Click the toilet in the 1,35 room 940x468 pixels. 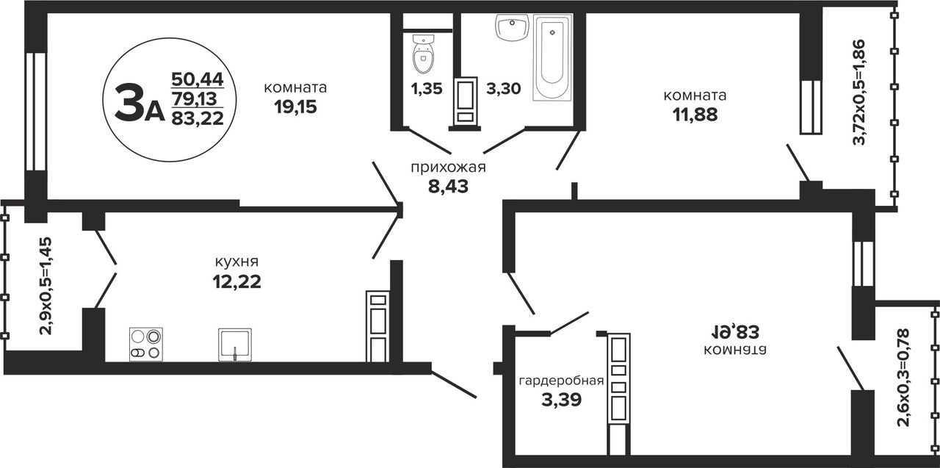(424, 54)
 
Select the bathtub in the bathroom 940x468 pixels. (552, 57)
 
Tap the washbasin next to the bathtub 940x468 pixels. (512, 27)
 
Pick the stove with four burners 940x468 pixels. (146, 345)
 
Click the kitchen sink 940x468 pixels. (235, 345)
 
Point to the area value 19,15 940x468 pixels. (295, 107)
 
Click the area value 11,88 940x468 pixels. (695, 115)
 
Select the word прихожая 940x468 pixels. (448, 168)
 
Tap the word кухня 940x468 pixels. (236, 262)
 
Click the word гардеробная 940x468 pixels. (562, 381)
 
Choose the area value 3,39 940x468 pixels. (562, 400)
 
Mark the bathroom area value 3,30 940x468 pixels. (504, 89)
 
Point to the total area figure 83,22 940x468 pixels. (198, 118)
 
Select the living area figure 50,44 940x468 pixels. (198, 79)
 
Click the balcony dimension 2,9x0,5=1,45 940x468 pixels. (46, 286)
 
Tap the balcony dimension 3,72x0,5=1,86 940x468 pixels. (859, 92)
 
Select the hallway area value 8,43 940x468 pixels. (448, 187)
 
